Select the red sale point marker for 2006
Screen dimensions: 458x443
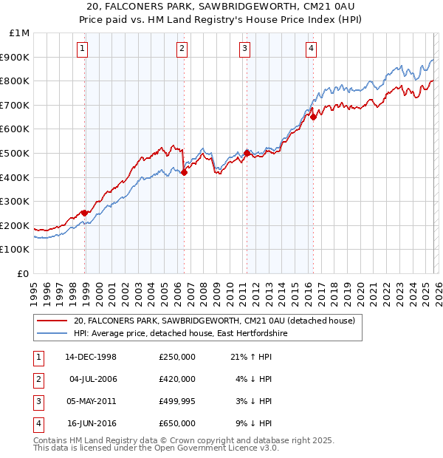click(184, 172)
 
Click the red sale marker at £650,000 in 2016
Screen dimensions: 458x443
click(313, 117)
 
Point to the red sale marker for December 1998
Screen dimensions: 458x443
click(85, 213)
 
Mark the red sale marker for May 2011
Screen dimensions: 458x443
click(246, 153)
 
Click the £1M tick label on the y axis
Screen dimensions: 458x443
click(20, 33)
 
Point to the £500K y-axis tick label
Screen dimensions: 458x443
click(16, 154)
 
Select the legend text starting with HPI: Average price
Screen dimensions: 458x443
click(180, 334)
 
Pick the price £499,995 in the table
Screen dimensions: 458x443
click(177, 401)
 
